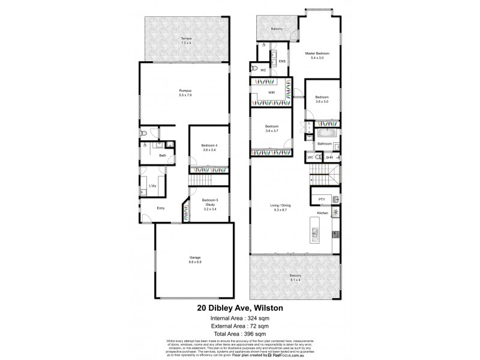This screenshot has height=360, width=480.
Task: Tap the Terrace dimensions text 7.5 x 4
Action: tap(185, 43)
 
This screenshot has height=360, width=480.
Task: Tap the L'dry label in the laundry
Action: tap(152, 187)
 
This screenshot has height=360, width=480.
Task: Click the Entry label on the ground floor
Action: tap(161, 209)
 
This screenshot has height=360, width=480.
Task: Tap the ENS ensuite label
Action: tap(282, 61)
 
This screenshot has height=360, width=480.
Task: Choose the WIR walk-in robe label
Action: tap(271, 92)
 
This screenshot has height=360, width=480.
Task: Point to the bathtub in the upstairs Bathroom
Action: tap(329, 131)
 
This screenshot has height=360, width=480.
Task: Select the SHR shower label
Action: tap(329, 158)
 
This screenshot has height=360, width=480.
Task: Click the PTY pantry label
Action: tap(322, 199)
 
